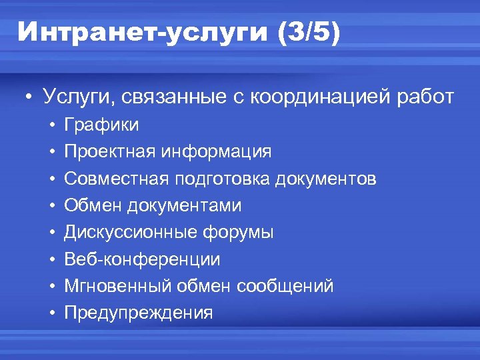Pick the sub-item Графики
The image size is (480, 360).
pyautogui.click(x=102, y=125)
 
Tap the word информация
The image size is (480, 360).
pyautogui.click(x=215, y=152)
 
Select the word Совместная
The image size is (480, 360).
pyautogui.click(x=116, y=179)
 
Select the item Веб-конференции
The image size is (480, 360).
pyautogui.click(x=142, y=260)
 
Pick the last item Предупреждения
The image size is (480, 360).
pyautogui.click(x=139, y=313)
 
